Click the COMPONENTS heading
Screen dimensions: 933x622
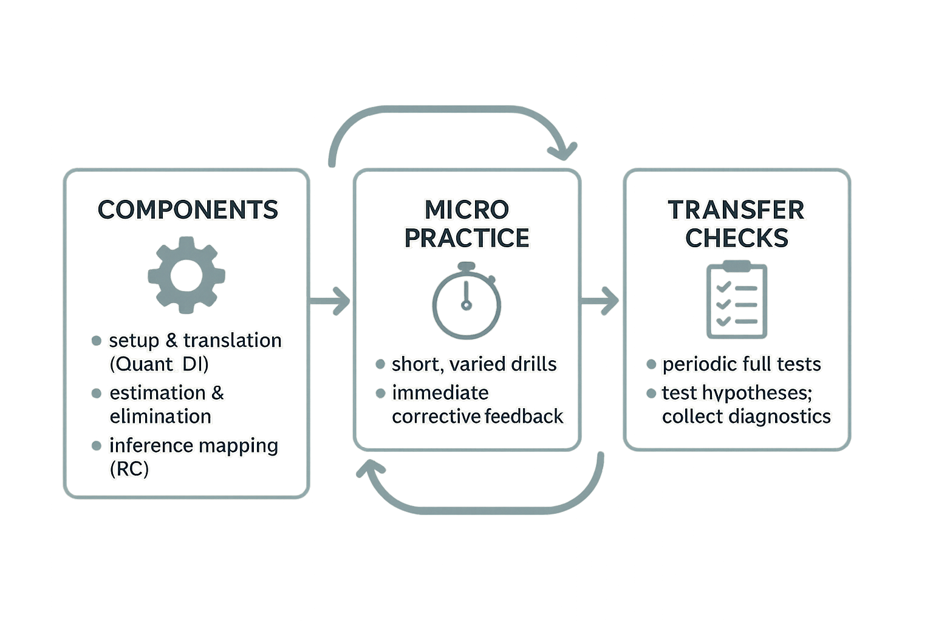pos(188,209)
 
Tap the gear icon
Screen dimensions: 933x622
pos(186,275)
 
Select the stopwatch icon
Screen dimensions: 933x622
pos(466,301)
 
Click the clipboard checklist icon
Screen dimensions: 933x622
pos(737,299)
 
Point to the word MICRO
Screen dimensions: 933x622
pos(467,209)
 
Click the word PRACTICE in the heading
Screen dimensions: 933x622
pos(467,238)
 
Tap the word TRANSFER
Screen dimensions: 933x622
pos(736,210)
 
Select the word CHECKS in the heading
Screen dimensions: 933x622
pos(737,238)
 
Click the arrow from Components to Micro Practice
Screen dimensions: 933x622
pos(329,301)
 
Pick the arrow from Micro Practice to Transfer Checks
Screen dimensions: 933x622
pos(600,301)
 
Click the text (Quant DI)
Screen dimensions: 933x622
pos(159,364)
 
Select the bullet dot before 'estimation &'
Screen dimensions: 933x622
pos(96,393)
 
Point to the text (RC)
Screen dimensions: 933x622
pos(129,470)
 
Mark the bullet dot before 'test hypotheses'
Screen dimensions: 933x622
pos(651,393)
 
